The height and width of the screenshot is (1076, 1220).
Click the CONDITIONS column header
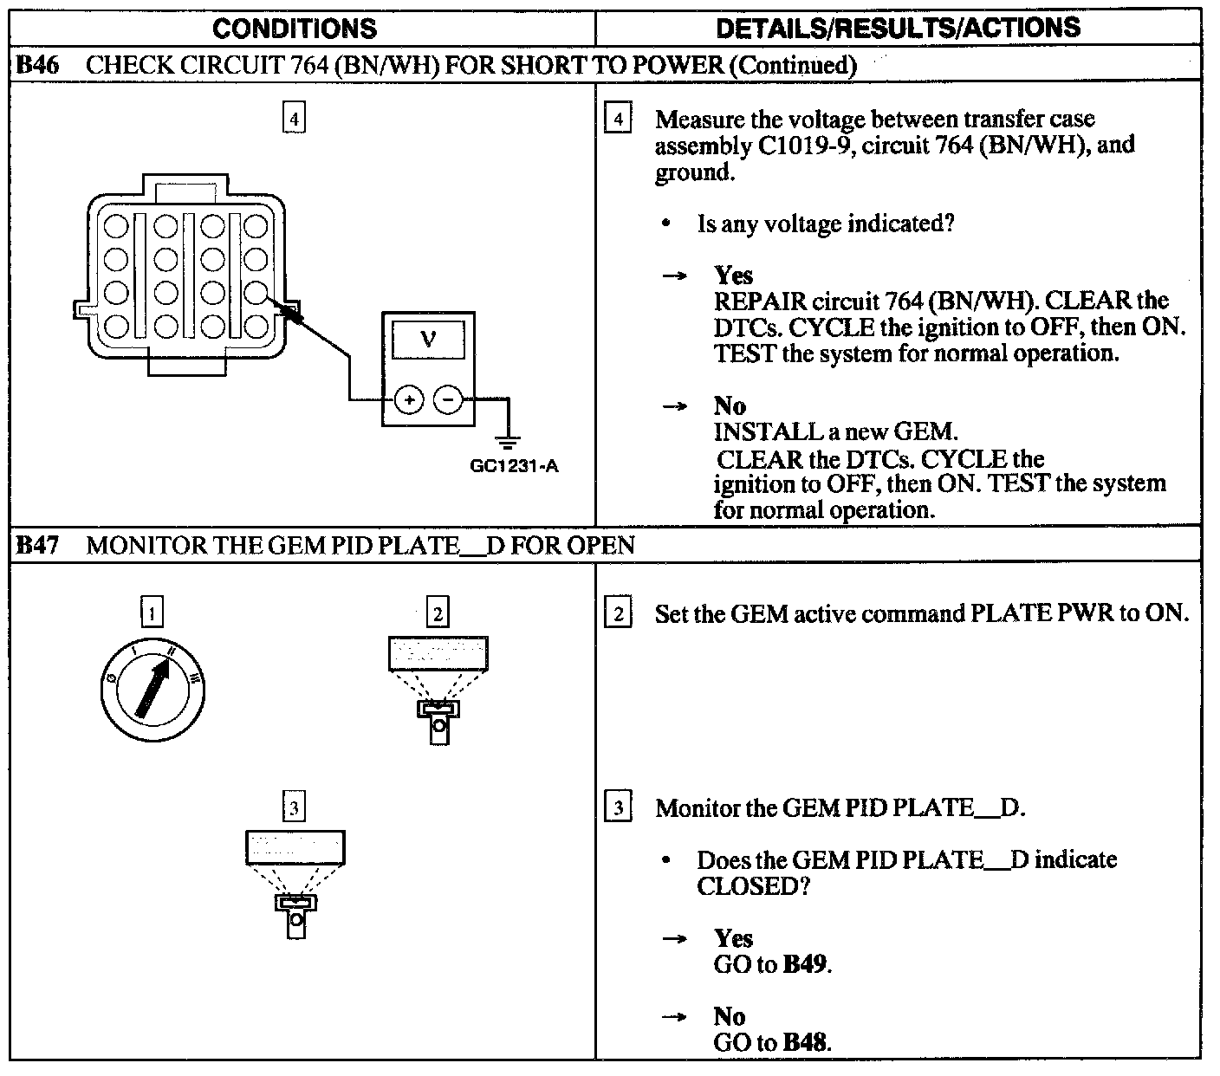tap(295, 29)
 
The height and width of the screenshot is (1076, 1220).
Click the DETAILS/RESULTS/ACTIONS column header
tap(898, 28)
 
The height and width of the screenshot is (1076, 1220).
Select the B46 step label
tap(38, 65)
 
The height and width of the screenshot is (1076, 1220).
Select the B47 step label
tap(38, 546)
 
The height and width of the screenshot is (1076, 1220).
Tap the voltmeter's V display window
tap(428, 340)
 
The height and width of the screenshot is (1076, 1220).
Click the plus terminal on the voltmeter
tap(408, 400)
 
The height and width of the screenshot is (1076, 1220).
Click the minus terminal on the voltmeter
tap(447, 400)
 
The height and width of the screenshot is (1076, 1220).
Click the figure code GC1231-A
tap(514, 466)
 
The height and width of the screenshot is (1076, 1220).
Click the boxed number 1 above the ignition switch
tap(152, 613)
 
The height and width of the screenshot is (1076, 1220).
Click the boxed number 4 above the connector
tap(295, 118)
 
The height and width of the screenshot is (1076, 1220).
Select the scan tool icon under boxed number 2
tap(438, 689)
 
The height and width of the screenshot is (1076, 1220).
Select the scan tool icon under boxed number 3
tap(295, 884)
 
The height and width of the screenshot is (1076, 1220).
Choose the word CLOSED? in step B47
tap(752, 886)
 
